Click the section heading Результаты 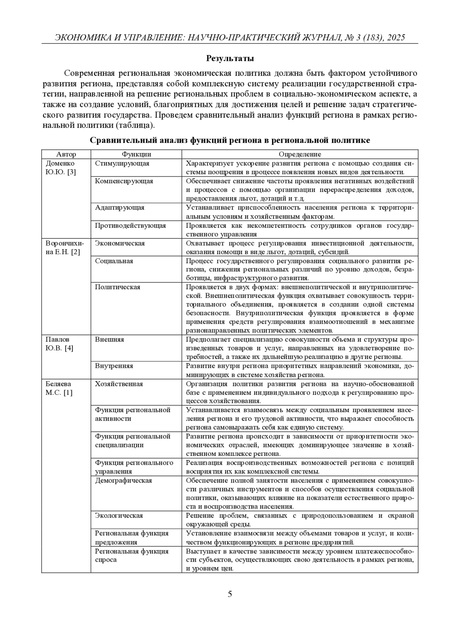pyautogui.click(x=230, y=58)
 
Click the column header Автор pyautogui.click(x=66, y=154)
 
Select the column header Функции pyautogui.click(x=136, y=154)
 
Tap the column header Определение pyautogui.click(x=300, y=154)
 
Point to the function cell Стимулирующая pyautogui.click(x=122, y=163)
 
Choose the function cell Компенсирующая pyautogui.click(x=124, y=181)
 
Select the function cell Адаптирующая pyautogui.click(x=119, y=208)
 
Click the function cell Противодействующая pyautogui.click(x=130, y=226)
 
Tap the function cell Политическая pyautogui.click(x=117, y=287)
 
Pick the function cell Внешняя pyautogui.click(x=109, y=340)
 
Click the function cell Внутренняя pyautogui.click(x=114, y=366)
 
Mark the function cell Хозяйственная pyautogui.click(x=119, y=384)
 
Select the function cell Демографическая pyautogui.click(x=123, y=481)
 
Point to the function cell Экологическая pyautogui.click(x=119, y=516)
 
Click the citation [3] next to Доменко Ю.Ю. pyautogui.click(x=72, y=172)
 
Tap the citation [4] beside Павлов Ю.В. pyautogui.click(x=69, y=348)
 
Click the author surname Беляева pyautogui.click(x=58, y=384)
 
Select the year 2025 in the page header pyautogui.click(x=397, y=37)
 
